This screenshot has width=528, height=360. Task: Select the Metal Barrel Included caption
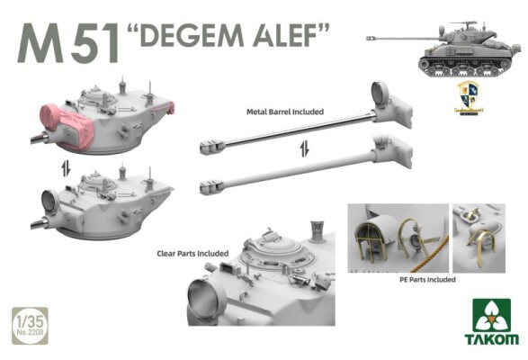click(284, 112)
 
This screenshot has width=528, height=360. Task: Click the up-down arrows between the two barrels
click(303, 150)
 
